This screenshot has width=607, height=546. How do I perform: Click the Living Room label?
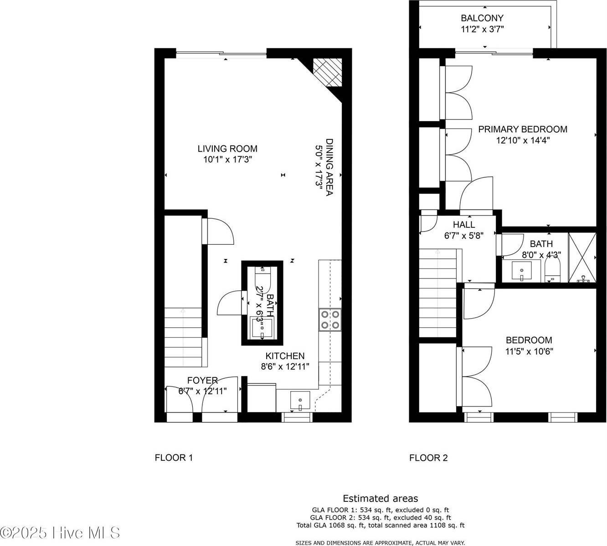coord(227,149)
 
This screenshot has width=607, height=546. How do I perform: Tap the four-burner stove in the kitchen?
coord(330,319)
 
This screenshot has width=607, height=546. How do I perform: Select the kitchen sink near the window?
coord(300,401)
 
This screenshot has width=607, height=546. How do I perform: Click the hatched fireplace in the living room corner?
coord(327,72)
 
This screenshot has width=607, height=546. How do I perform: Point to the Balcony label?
coord(482,18)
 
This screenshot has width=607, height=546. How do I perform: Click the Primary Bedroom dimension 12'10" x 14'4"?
coord(523,140)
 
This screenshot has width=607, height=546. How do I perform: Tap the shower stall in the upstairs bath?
coord(582,258)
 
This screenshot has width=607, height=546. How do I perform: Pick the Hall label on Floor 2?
coord(464,224)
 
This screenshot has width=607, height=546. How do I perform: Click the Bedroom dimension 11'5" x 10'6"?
coord(529,351)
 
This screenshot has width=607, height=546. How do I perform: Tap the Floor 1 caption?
coord(174,458)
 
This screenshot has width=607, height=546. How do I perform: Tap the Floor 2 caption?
coord(428,458)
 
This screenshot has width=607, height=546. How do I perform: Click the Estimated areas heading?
coord(380,499)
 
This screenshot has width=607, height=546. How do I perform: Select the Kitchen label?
coord(285,356)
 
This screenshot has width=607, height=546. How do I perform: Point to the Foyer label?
coord(202,380)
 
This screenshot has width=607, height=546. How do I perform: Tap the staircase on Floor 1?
coord(183,337)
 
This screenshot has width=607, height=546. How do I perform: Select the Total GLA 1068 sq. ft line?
coord(380,525)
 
